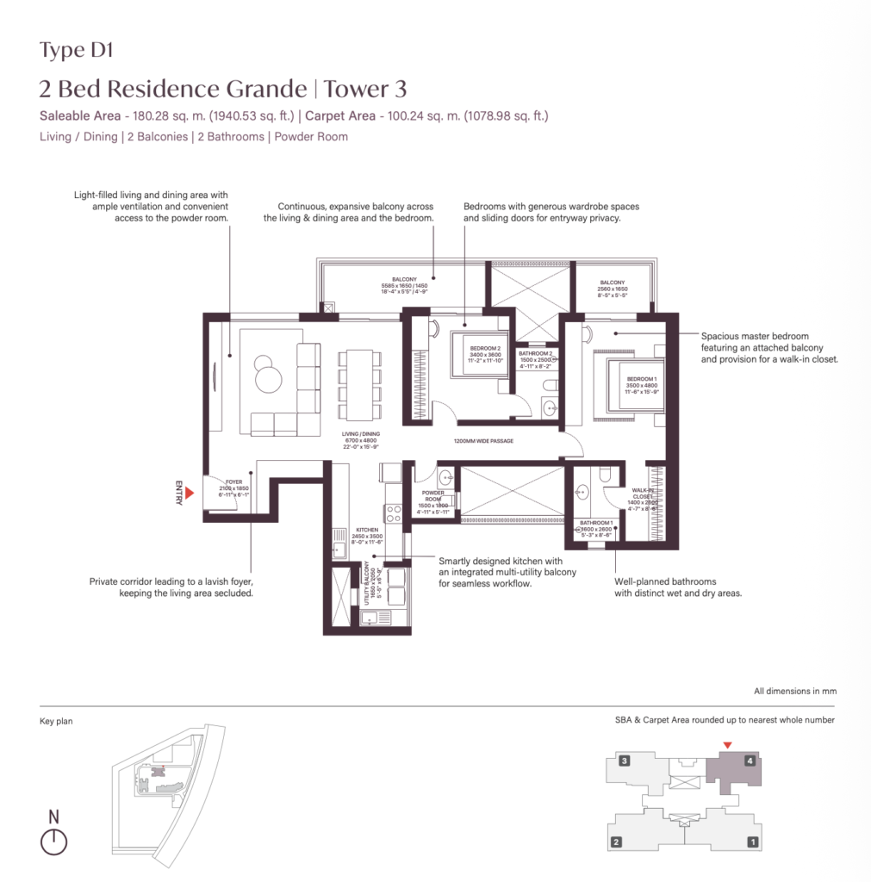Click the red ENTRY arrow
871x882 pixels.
pyautogui.click(x=190, y=492)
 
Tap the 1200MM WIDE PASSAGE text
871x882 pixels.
pyautogui.click(x=483, y=441)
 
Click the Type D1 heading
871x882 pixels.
pyautogui.click(x=77, y=50)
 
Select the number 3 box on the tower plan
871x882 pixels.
pyautogui.click(x=625, y=761)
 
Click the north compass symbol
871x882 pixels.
pyautogui.click(x=53, y=842)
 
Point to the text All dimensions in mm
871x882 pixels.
pyautogui.click(x=794, y=691)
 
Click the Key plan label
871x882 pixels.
pyautogui.click(x=56, y=722)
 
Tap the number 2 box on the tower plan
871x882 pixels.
pyautogui.click(x=616, y=842)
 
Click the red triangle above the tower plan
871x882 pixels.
pyautogui.click(x=728, y=745)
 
